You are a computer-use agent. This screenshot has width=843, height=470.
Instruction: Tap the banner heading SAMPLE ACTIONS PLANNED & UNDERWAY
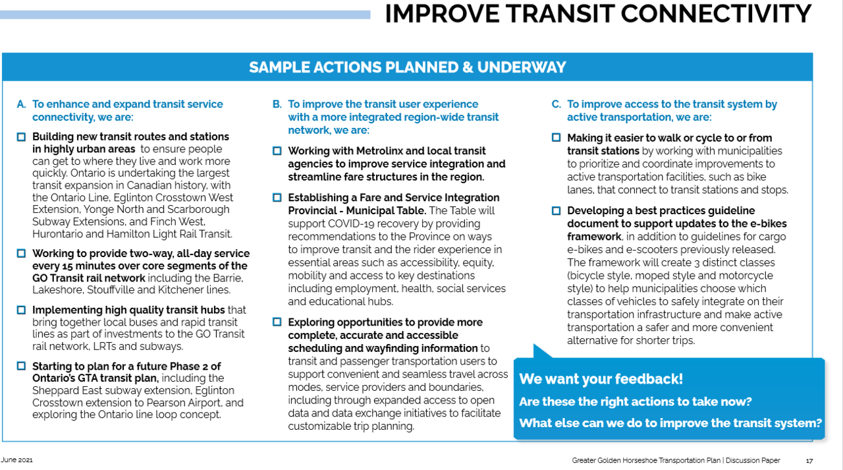[407, 67]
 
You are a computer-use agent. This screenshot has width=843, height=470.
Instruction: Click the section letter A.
[21, 104]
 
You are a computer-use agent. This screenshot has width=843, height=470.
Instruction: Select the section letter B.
[277, 104]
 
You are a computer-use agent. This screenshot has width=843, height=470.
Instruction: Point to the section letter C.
[556, 104]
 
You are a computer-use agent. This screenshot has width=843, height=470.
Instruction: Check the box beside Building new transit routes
[21, 137]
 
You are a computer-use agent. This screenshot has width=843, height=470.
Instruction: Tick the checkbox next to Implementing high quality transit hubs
[21, 310]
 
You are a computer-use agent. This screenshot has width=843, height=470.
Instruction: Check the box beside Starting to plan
[21, 366]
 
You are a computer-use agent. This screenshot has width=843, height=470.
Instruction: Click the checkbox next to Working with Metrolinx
[277, 151]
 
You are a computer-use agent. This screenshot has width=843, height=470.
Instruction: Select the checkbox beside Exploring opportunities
[277, 322]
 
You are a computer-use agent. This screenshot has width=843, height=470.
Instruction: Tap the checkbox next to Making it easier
[556, 138]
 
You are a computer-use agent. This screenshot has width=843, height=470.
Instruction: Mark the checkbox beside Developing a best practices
[556, 211]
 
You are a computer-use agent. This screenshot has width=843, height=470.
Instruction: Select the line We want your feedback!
[601, 379]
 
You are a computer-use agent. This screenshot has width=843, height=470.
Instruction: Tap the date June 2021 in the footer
[17, 459]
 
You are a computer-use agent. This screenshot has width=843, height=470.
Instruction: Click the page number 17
[809, 460]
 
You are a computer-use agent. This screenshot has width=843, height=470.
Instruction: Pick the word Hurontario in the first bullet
[59, 234]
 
